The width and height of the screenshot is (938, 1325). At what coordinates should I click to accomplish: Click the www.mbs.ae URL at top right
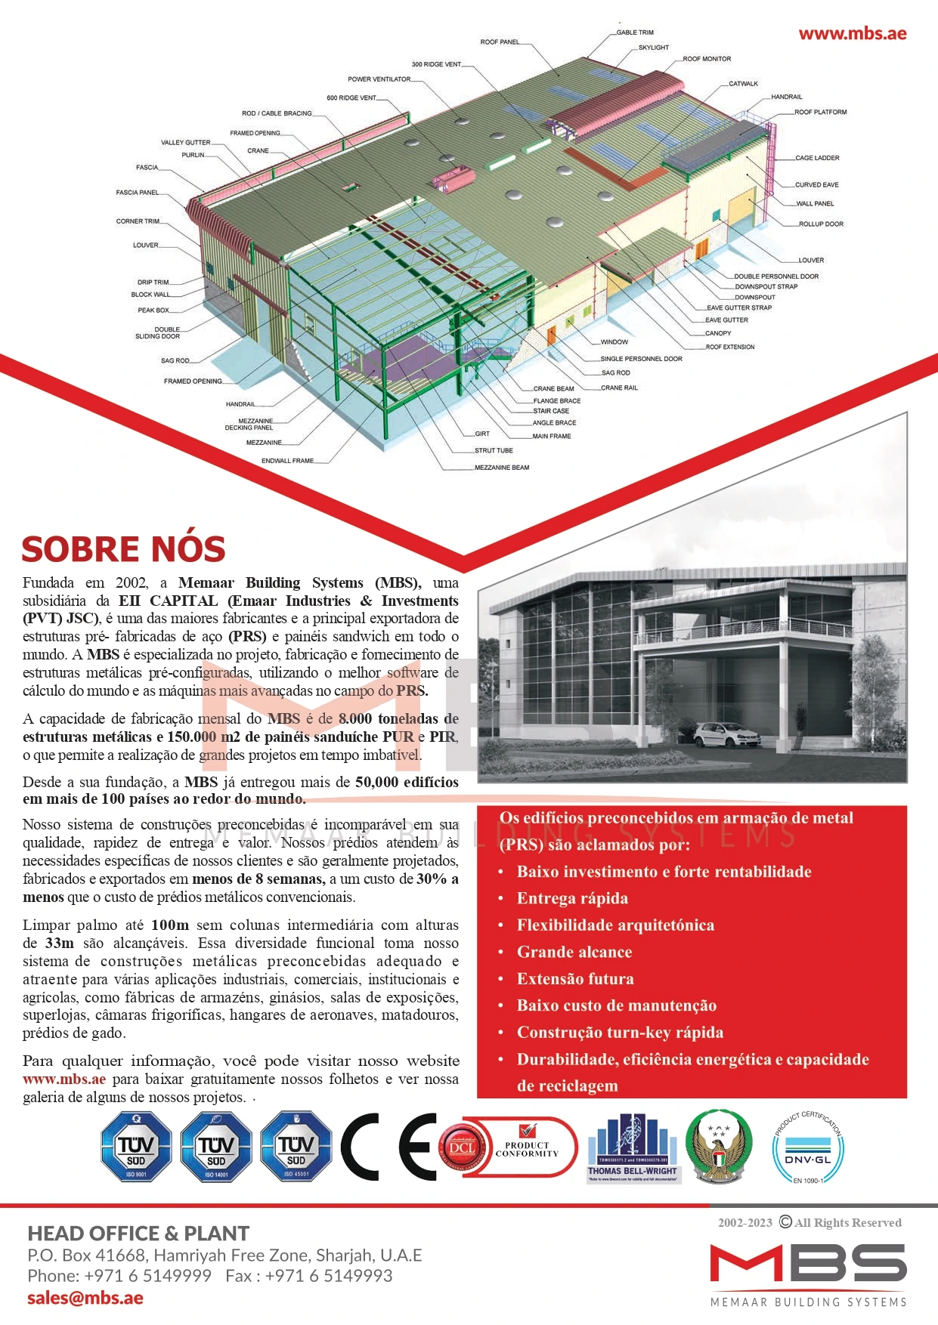tap(852, 33)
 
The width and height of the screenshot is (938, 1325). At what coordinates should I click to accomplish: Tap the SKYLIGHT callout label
tap(653, 48)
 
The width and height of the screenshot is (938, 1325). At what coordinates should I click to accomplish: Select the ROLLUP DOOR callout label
tap(821, 224)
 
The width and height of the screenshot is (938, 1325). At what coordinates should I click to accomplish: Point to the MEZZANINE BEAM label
tap(502, 468)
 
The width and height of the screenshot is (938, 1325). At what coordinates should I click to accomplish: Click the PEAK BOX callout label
tap(153, 310)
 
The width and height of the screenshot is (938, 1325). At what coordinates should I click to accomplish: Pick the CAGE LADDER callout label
tap(817, 159)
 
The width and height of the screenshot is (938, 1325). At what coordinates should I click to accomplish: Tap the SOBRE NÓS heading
tap(123, 549)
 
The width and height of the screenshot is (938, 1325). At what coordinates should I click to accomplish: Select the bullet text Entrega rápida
tap(572, 898)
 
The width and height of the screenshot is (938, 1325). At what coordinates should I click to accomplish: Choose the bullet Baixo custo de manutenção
tap(616, 1005)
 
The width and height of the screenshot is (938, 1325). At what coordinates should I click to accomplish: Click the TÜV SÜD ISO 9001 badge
tap(136, 1146)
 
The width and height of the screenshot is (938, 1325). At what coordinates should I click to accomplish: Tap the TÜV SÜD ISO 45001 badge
tap(296, 1146)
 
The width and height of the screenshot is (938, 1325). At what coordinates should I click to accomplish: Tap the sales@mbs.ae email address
tap(85, 1298)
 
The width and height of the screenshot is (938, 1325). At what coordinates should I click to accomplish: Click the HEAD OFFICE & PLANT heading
tap(138, 1234)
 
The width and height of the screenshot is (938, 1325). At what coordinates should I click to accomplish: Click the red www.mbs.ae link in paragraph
tap(64, 1079)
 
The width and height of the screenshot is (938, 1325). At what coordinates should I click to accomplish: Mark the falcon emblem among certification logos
tap(718, 1146)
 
